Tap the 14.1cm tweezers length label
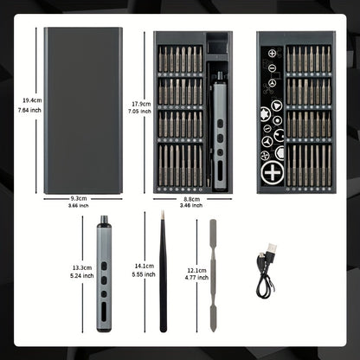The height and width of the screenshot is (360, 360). point(145,267)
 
